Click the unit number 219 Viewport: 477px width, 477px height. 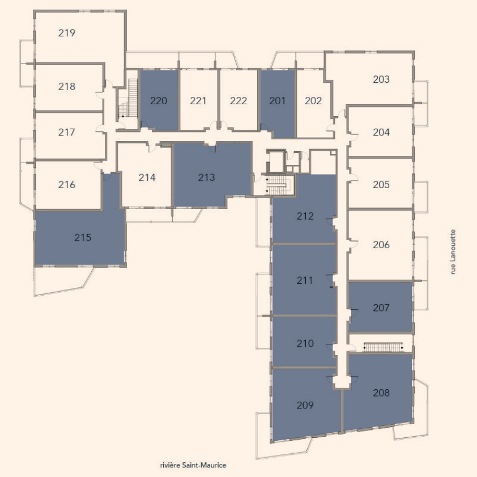coord(67,33)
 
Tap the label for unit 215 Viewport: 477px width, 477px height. coord(83,237)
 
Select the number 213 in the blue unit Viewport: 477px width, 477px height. coord(207,177)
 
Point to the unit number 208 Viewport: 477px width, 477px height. coord(381,393)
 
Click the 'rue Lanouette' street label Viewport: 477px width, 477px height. coord(453,252)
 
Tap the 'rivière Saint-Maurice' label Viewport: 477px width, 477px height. coord(193,465)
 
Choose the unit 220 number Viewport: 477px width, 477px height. coord(159,101)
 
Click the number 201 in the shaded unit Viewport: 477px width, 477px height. coord(277,101)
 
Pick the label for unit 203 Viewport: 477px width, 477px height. coord(381,79)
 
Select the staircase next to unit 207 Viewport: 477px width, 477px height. coord(384,347)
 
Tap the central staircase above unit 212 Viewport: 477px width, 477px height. coord(277,185)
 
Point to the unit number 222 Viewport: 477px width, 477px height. coord(238,101)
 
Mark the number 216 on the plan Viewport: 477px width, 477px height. coord(67,185)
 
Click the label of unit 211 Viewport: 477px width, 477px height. coord(305,280)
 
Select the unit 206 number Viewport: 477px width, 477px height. coord(381,245)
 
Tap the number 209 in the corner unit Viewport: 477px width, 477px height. coord(305,405)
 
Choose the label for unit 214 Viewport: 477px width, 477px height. coord(147,177)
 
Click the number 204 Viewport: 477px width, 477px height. coord(381,133)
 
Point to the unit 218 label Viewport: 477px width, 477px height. coord(67,87)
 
